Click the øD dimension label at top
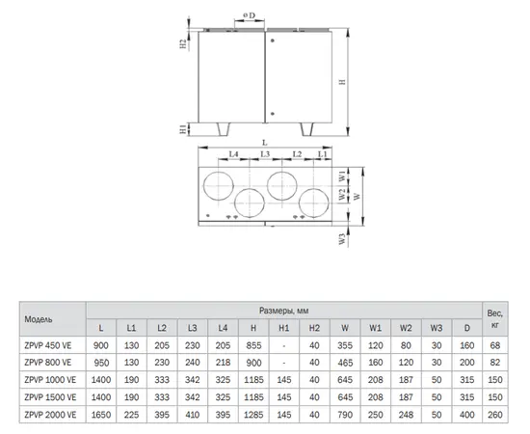pos(250,15)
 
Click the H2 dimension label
pos(183,44)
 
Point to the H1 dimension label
pos(183,129)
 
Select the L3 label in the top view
pos(265,154)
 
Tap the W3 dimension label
pos(342,239)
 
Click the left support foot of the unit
pos(224,129)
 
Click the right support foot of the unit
pos(306,129)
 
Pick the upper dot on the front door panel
pos(273,41)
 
